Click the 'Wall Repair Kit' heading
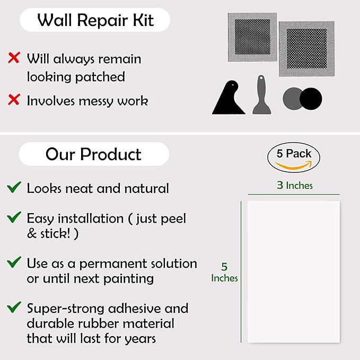95,20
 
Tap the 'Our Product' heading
93,154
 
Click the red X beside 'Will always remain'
14,57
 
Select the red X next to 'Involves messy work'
14,100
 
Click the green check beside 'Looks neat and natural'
14,187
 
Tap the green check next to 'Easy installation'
14,217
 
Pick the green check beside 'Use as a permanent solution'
14,262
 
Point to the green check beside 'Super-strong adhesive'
14,307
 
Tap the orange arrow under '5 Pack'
293,166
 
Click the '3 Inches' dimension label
295,185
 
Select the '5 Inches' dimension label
224,273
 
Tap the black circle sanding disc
311,99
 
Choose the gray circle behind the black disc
291,99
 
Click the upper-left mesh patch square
252,37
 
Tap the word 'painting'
128,279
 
